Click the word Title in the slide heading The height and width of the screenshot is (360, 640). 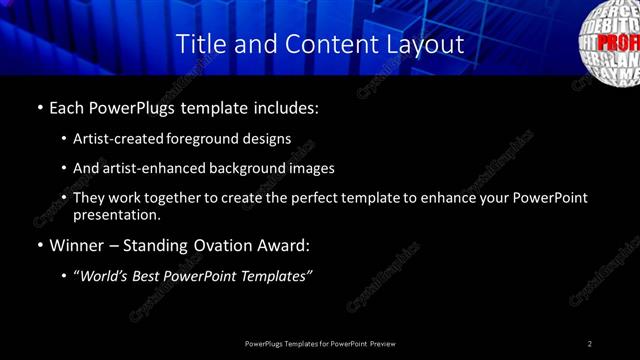(x=199, y=45)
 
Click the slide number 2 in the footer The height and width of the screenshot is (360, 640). (x=590, y=343)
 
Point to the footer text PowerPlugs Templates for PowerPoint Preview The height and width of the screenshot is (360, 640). (x=320, y=343)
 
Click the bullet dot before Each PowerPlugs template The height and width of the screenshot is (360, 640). (x=39, y=106)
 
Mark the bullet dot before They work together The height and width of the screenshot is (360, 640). (x=65, y=198)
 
